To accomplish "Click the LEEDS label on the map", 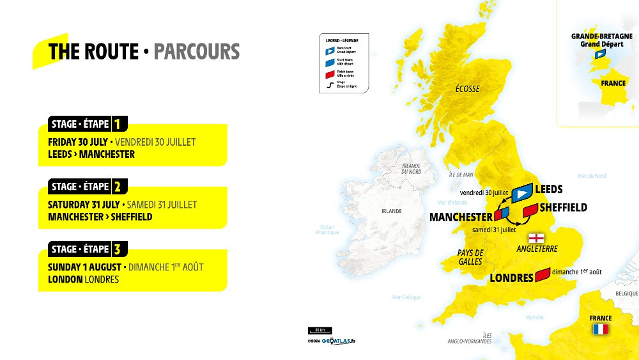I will [549, 189].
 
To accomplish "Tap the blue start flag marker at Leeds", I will [523, 191].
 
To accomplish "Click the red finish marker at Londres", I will [543, 275].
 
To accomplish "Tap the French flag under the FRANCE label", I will [600, 329].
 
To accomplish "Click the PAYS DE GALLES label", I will [470, 257].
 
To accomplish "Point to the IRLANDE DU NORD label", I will [411, 168].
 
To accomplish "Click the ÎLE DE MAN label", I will [460, 175].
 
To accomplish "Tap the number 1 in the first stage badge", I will [117, 124].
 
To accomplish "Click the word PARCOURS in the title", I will [197, 51].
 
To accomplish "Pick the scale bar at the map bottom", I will [319, 330].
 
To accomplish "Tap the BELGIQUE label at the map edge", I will [626, 293].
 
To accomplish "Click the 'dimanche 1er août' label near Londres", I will [576, 272].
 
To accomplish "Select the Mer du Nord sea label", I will [591, 176].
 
